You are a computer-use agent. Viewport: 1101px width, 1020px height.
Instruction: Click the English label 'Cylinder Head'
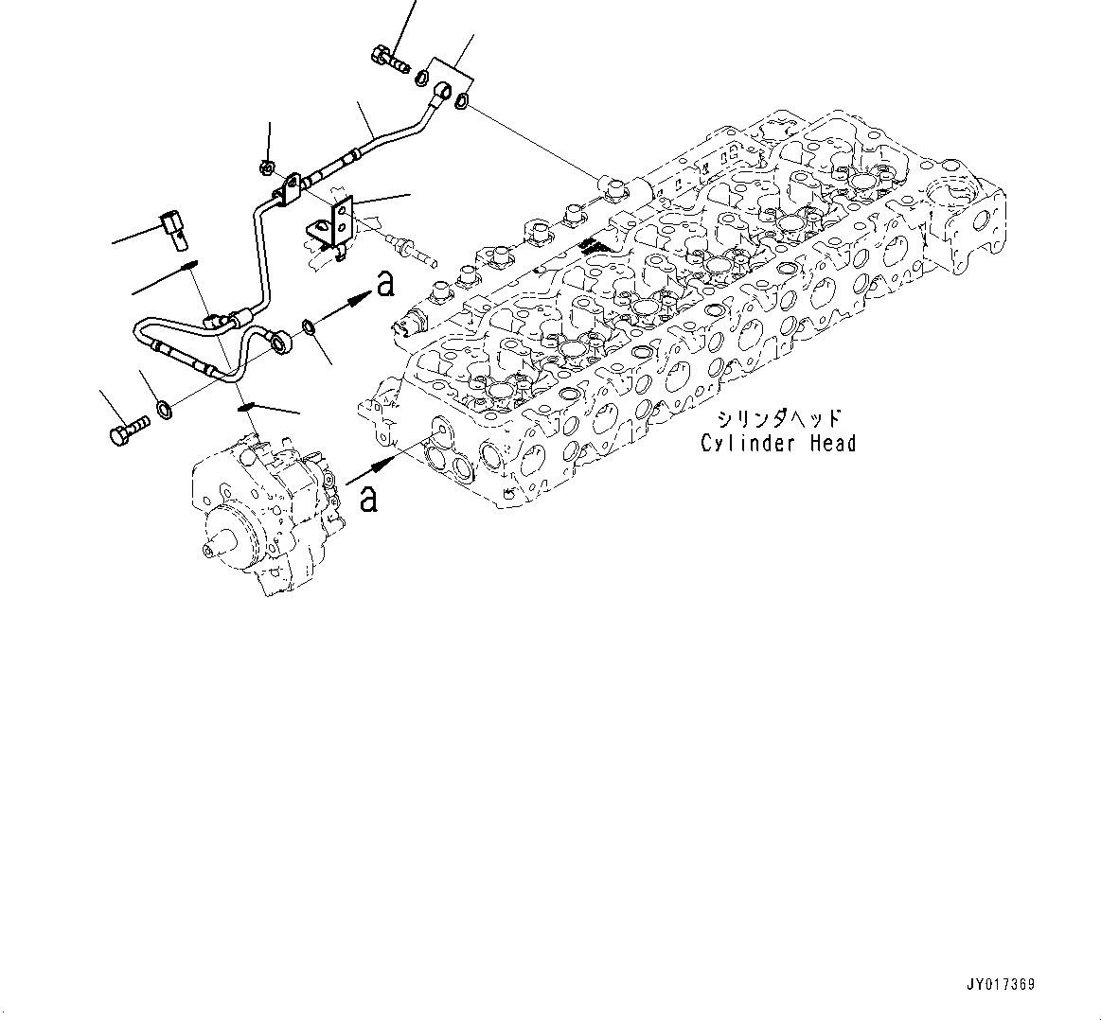777,443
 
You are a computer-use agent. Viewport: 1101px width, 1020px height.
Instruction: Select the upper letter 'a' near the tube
384,284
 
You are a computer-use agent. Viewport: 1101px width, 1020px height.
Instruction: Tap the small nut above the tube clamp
267,167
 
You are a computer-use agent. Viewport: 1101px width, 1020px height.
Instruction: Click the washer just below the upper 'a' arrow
309,328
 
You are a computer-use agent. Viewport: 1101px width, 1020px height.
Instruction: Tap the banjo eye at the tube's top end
442,92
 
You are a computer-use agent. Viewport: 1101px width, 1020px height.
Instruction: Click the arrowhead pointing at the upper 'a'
359,300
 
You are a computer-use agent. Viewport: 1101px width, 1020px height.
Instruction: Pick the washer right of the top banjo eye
461,100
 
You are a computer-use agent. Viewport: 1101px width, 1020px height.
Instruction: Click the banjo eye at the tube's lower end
279,337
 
